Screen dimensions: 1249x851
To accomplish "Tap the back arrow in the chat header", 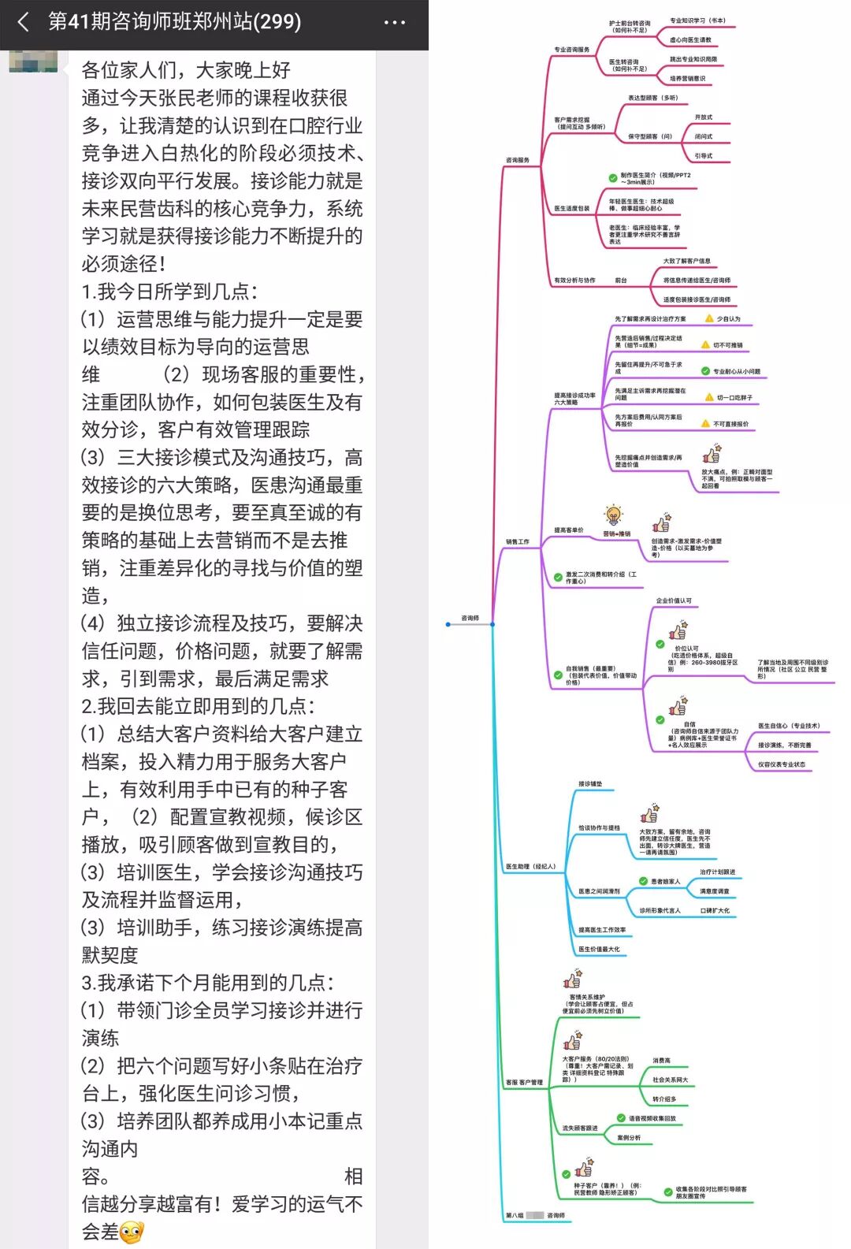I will [24, 22].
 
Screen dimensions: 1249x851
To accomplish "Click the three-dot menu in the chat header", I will [394, 22].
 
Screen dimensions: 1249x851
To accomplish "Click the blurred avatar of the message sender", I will [33, 61].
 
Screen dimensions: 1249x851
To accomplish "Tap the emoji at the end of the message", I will [132, 1232].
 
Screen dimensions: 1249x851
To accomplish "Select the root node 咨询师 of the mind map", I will [470, 618].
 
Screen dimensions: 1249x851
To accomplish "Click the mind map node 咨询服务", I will [518, 160].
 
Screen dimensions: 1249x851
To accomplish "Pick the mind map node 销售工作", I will [518, 541].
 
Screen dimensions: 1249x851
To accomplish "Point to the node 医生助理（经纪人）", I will [531, 866].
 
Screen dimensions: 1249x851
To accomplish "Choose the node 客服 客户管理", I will [524, 1082].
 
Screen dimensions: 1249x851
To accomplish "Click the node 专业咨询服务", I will [571, 50].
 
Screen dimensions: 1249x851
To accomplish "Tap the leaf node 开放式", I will [704, 117].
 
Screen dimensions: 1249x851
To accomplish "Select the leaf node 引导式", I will [704, 156].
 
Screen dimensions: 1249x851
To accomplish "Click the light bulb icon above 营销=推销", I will [614, 516].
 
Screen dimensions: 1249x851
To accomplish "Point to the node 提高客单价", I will [569, 530].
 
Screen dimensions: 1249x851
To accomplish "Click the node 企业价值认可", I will [674, 600].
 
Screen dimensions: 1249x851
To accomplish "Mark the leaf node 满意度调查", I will [715, 891].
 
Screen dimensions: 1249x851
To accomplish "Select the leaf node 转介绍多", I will [664, 1098].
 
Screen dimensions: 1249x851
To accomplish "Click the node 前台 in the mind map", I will [621, 281].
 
